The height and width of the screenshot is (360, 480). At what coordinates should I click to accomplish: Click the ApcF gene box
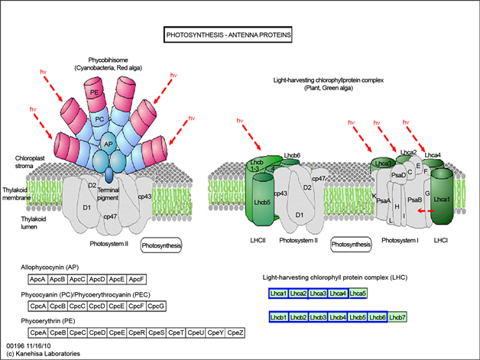[x=138, y=281]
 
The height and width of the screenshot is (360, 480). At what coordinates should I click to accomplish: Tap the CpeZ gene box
[x=235, y=332]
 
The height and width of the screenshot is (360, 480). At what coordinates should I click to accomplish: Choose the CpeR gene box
[x=137, y=332]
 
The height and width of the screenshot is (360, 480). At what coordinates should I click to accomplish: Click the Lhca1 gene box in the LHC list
[x=278, y=294]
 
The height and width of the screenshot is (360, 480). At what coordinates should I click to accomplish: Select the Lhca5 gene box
[x=358, y=294]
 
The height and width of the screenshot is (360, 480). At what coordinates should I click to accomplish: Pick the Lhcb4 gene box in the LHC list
[x=338, y=317]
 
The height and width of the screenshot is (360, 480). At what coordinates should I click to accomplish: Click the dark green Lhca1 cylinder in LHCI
[x=441, y=200]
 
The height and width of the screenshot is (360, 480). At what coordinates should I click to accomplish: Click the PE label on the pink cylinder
[x=96, y=92]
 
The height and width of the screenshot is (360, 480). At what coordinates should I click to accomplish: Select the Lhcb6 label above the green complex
[x=292, y=155]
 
